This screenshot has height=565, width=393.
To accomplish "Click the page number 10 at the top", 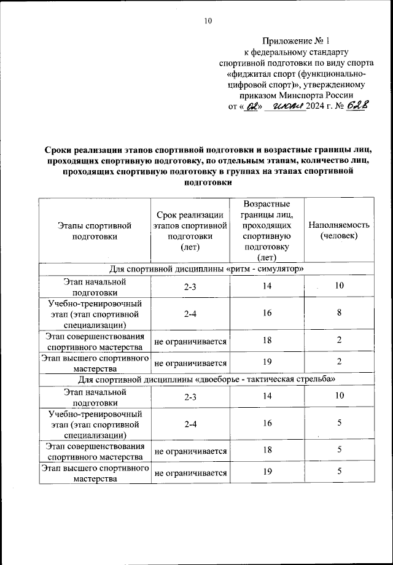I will [x=208, y=21].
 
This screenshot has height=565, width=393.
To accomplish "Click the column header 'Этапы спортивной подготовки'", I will [x=95, y=230].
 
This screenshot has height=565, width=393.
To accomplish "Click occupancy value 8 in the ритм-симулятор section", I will [x=338, y=313].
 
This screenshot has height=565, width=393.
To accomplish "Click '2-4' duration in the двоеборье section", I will [x=190, y=423].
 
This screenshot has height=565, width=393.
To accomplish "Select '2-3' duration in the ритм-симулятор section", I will [x=190, y=287].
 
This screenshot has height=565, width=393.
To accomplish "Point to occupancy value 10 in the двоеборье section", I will [x=338, y=396].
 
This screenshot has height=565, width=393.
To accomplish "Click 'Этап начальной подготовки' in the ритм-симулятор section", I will [x=95, y=287].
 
